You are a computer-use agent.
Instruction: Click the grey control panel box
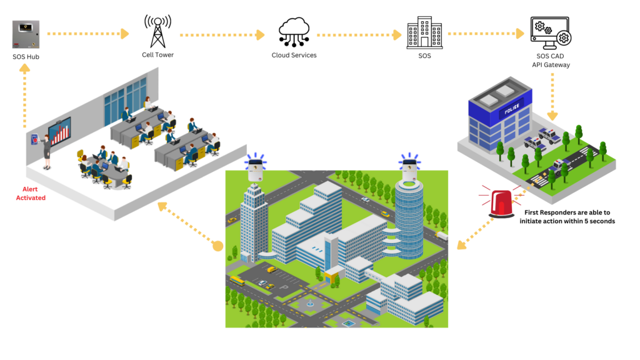click(26, 34)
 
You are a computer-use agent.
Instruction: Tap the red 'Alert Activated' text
click(31, 193)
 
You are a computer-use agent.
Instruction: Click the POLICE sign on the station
click(512, 108)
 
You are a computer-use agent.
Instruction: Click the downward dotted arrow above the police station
click(552, 96)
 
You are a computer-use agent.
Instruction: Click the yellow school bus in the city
click(237, 281)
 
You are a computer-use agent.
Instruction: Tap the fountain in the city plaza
click(310, 304)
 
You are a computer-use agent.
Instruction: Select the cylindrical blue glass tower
click(409, 219)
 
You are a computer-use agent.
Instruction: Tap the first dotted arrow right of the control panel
click(87, 34)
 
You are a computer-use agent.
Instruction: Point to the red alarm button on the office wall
click(35, 139)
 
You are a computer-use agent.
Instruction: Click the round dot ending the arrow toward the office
click(217, 246)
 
